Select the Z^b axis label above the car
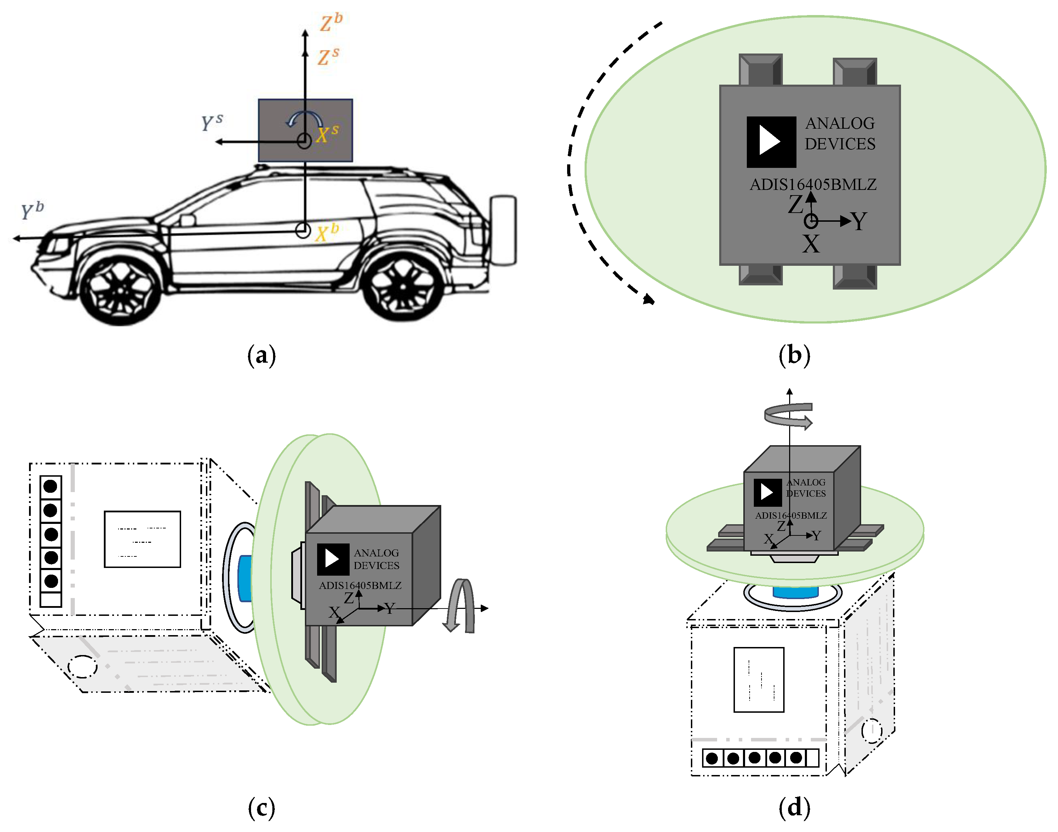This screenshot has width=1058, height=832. click(x=331, y=22)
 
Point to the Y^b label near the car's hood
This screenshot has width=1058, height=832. click(x=32, y=211)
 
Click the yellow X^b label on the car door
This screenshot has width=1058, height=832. click(x=327, y=232)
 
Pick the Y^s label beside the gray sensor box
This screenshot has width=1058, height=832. click(x=212, y=122)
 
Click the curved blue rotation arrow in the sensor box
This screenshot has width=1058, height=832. click(x=304, y=118)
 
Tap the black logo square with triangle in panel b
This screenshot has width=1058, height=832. click(x=771, y=142)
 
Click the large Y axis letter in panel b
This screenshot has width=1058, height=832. click(x=859, y=222)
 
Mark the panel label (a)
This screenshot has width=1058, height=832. click(x=262, y=355)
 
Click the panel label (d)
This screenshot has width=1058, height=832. click(x=794, y=808)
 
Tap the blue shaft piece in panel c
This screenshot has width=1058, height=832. click(x=244, y=578)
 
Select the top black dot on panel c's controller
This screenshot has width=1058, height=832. click(x=51, y=486)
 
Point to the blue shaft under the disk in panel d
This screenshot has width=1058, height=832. click(x=795, y=592)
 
